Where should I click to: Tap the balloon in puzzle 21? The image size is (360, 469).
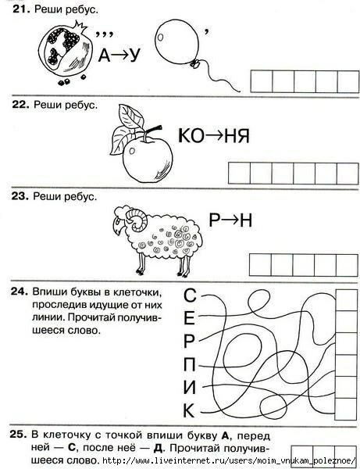(177, 42)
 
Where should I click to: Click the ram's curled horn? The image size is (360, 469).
(137, 220)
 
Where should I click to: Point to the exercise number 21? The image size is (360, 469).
(21, 9)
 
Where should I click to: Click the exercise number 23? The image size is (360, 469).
(20, 196)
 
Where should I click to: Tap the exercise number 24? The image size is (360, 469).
(20, 292)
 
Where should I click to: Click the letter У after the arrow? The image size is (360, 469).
(134, 55)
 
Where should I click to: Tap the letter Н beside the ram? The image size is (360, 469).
(246, 220)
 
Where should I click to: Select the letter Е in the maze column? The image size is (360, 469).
(189, 318)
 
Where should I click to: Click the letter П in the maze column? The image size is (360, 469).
(189, 364)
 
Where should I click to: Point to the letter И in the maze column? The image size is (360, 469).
(189, 387)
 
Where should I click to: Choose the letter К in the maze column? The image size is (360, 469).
(189, 410)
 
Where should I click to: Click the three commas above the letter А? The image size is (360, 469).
(105, 34)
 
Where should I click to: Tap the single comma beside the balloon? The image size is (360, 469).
(206, 32)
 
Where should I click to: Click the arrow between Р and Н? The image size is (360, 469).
(230, 220)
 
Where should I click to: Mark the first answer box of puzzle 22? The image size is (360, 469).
(239, 174)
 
